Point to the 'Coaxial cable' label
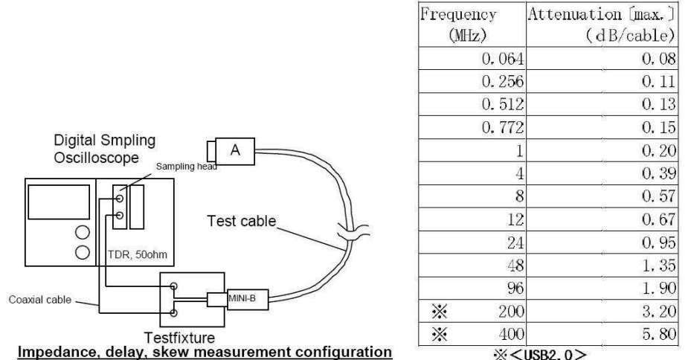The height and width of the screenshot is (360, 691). [44, 300]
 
